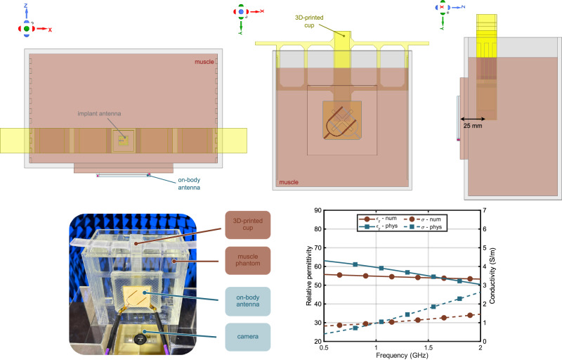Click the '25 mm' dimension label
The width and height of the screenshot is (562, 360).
coord(472,126)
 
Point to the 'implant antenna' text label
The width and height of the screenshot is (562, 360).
coord(99,114)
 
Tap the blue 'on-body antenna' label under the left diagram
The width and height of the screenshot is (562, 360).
coord(189,184)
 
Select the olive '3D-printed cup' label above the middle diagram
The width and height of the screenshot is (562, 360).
coord(309,21)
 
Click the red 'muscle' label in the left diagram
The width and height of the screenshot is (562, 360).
coord(204,62)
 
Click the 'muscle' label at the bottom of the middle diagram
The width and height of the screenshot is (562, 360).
coord(289,182)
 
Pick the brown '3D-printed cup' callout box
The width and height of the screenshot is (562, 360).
coord(248,225)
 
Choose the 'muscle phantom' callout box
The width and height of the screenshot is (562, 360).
coord(248,260)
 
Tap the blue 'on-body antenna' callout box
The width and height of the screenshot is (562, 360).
coord(248,301)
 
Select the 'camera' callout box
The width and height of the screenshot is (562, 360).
coord(248,337)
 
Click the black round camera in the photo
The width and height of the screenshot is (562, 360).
coord(140,339)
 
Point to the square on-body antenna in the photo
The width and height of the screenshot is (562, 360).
coord(136,298)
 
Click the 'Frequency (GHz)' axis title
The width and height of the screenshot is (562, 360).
coord(402,355)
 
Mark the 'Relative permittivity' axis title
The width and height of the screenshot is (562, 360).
coord(309,276)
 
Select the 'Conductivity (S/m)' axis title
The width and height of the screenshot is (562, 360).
coord(492,276)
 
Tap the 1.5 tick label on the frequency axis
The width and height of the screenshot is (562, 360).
coord(429,347)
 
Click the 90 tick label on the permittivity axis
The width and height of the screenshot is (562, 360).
coord(318,210)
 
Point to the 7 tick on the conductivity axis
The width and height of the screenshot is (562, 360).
coord(485,210)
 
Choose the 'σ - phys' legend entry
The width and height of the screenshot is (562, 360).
coord(426,227)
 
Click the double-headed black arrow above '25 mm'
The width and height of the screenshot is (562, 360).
coord(473,119)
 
